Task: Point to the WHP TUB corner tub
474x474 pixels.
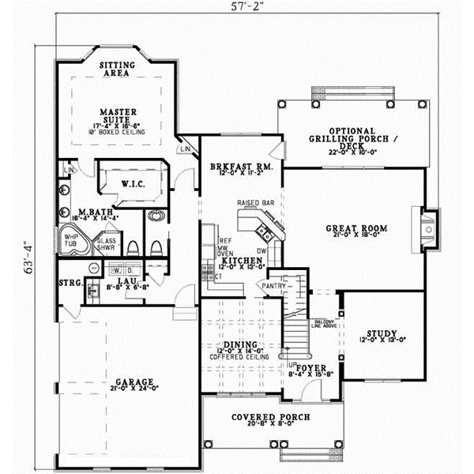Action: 70,238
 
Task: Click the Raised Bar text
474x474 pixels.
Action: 255,203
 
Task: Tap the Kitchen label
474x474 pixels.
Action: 236,261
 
